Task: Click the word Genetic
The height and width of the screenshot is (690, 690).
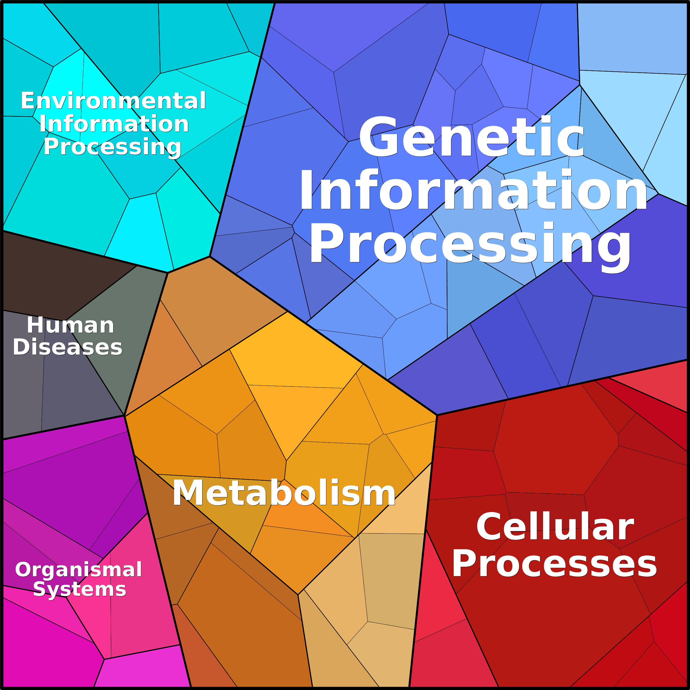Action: [x=471, y=138]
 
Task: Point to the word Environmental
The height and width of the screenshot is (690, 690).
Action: [x=113, y=101]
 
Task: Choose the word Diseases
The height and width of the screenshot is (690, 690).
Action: [x=68, y=347]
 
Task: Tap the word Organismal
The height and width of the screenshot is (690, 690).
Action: [x=79, y=569]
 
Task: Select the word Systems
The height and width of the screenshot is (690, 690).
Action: [x=80, y=589]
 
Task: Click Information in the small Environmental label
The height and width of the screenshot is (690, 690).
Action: [x=114, y=124]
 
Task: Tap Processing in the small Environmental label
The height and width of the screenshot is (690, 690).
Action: [x=113, y=146]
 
